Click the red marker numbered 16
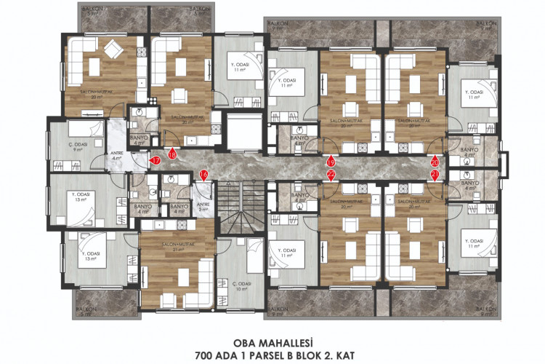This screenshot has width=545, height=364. coord(203,175)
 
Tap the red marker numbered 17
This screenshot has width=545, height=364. coord(155,160)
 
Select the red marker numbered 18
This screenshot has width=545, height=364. coord(172,153)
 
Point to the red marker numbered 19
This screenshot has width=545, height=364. coord(331,162)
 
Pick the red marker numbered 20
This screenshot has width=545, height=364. coord(435,162)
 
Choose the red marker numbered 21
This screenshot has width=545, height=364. coord(435,175)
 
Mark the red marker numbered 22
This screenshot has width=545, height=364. coord(331,175)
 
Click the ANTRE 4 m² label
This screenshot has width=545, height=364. coord(116,156)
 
